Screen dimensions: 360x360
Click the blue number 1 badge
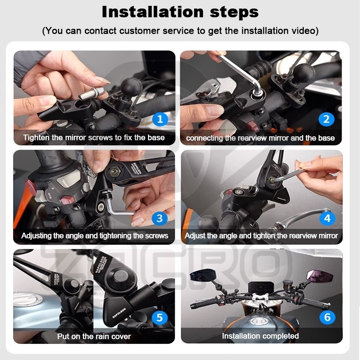click(159, 119)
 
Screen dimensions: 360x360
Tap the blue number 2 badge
click(327, 119)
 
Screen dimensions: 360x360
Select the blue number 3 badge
click(159, 219)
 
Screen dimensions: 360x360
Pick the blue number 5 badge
click(159, 318)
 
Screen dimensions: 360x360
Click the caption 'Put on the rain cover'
click(94, 336)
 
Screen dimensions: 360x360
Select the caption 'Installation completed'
click(261, 336)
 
